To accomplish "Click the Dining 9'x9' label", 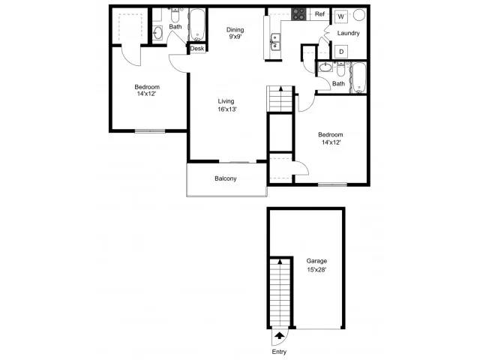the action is pyautogui.click(x=235, y=33).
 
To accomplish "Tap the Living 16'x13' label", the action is pyautogui.click(x=226, y=105).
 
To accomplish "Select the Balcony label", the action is pyautogui.click(x=226, y=178).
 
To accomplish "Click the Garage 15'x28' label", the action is pyautogui.click(x=316, y=265).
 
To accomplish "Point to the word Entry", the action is pyautogui.click(x=279, y=352).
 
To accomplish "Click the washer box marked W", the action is pyautogui.click(x=340, y=16).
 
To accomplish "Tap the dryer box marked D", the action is pyautogui.click(x=341, y=52).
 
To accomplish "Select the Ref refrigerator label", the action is pyautogui.click(x=319, y=14).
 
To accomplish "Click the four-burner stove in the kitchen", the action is pyautogui.click(x=298, y=14).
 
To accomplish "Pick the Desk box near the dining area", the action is pyautogui.click(x=197, y=49).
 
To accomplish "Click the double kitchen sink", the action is pyautogui.click(x=275, y=42).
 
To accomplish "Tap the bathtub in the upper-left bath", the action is pyautogui.click(x=196, y=25).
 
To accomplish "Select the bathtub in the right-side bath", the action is pyautogui.click(x=358, y=78).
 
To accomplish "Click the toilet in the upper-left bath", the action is pyautogui.click(x=175, y=15).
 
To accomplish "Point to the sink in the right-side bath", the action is pyautogui.click(x=325, y=67).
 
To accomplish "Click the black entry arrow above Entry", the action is pyautogui.click(x=279, y=336).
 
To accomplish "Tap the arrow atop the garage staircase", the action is pyautogui.click(x=280, y=262).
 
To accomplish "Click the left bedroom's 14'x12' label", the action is pyautogui.click(x=147, y=94).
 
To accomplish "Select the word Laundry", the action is pyautogui.click(x=348, y=33).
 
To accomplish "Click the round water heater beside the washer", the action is pyautogui.click(x=359, y=15).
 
